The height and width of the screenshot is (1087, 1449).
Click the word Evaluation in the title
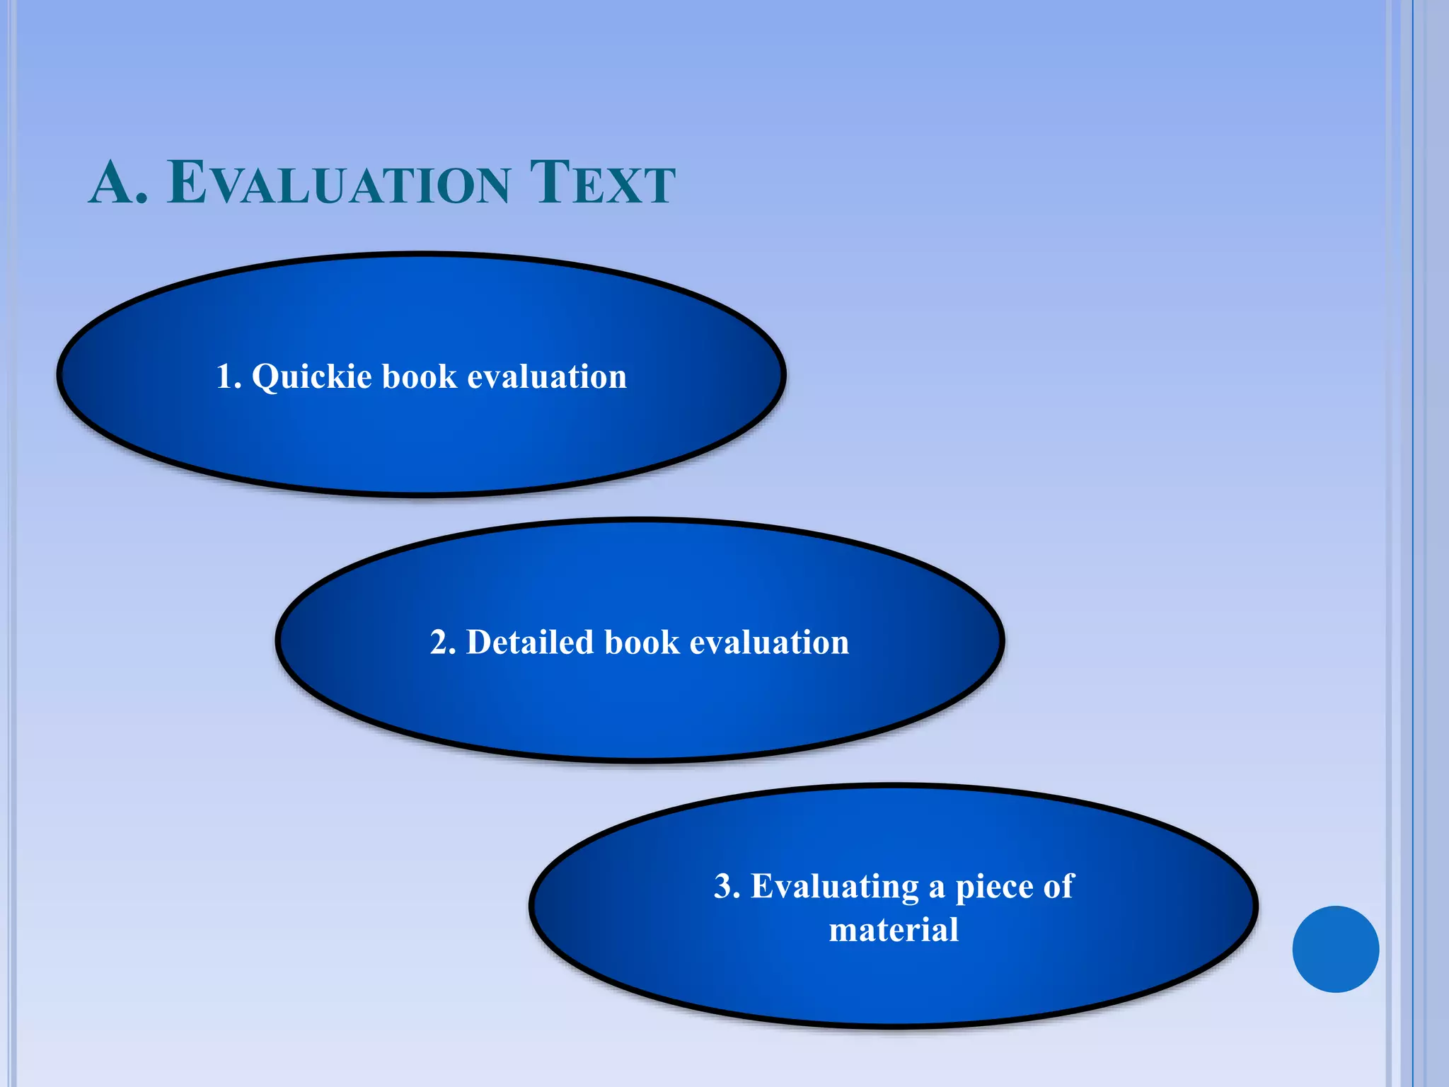click(339, 183)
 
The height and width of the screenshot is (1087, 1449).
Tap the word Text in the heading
click(602, 183)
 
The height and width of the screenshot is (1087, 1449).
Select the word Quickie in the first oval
click(312, 376)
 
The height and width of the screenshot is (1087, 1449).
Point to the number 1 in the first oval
click(226, 376)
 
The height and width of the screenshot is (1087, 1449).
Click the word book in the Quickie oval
click(420, 376)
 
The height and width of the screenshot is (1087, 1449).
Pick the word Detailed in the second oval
click(530, 643)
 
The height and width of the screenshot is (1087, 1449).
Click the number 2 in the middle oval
click(439, 643)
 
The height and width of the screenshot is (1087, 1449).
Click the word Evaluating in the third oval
click(835, 887)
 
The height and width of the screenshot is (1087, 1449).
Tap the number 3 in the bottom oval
click(724, 887)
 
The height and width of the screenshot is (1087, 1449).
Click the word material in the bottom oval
click(894, 930)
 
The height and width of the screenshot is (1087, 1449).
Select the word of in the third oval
click(1058, 887)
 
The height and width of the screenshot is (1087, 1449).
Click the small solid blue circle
click(1335, 949)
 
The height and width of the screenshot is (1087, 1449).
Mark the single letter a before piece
click(937, 888)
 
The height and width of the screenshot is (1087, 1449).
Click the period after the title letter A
click(142, 200)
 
